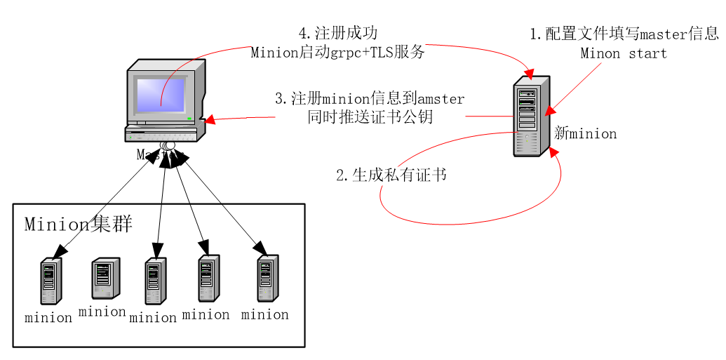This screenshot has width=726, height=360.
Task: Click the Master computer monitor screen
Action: pyautogui.click(x=161, y=94)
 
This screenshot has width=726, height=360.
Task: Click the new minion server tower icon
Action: pyautogui.click(x=530, y=116)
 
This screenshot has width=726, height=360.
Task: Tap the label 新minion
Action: pyautogui.click(x=585, y=133)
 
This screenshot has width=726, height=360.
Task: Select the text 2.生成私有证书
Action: pyautogui.click(x=391, y=175)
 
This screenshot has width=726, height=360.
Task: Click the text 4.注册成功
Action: pyautogui.click(x=338, y=34)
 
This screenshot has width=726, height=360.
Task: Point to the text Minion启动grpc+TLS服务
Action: pyautogui.click(x=338, y=52)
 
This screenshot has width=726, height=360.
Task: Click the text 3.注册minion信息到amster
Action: pyautogui.click(x=369, y=98)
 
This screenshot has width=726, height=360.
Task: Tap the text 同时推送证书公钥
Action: pyautogui.click(x=369, y=116)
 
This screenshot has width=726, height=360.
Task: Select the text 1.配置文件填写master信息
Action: pyautogui.click(x=624, y=34)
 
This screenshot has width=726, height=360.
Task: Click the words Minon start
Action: pyautogui.click(x=624, y=53)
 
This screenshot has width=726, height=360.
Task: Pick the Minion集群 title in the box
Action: pyautogui.click(x=79, y=224)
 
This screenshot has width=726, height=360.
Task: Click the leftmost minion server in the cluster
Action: pyautogui.click(x=51, y=281)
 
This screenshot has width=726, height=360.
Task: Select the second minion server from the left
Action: pyautogui.click(x=105, y=278)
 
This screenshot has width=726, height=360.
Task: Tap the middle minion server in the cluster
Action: pyautogui.click(x=155, y=281)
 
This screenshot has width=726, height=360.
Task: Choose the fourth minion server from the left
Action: pyautogui.click(x=208, y=278)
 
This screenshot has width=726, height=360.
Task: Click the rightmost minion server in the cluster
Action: pyautogui.click(x=267, y=278)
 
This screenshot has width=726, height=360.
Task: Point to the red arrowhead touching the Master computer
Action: pyautogui.click(x=210, y=121)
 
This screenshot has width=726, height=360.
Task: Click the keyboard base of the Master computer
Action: pyautogui.click(x=161, y=133)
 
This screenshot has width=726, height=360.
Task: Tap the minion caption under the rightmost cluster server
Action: pyautogui.click(x=265, y=314)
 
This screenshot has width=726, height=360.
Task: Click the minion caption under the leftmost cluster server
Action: pyautogui.click(x=48, y=317)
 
